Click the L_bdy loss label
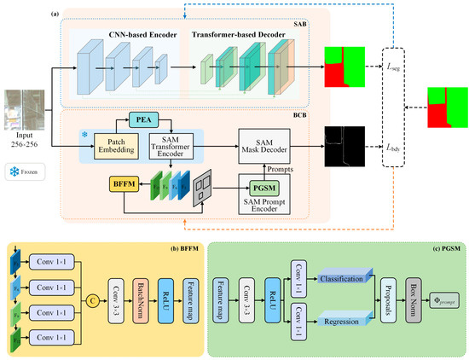(x=395, y=146)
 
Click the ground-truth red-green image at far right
(x=447, y=107)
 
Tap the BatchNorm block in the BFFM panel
(x=144, y=299)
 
